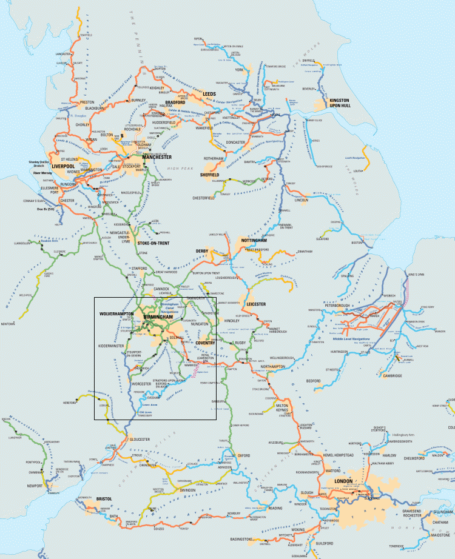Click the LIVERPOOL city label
(x=62, y=165)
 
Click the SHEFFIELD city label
(x=213, y=175)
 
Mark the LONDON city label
(x=343, y=482)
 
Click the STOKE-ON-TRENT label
(x=153, y=243)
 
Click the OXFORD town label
(x=244, y=455)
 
